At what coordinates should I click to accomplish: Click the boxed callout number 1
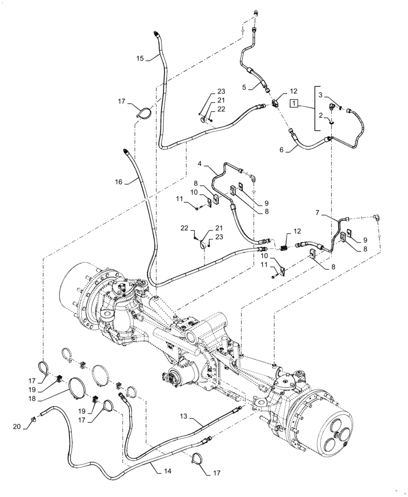pos(295,103)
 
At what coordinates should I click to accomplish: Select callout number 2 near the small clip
pos(321,115)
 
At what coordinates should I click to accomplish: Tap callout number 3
pos(321,94)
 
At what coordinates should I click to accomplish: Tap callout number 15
pos(140,58)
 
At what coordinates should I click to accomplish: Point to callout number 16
pos(118,182)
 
